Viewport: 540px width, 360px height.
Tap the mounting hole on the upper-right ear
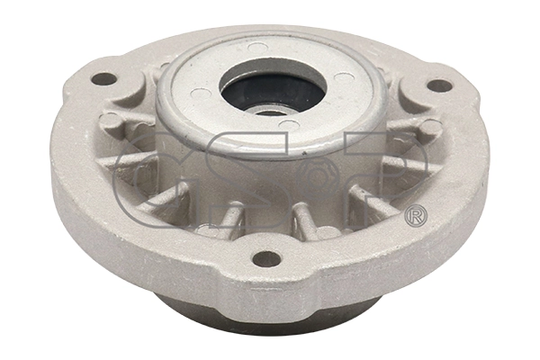[439, 85]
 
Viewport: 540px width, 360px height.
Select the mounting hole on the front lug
[266, 258]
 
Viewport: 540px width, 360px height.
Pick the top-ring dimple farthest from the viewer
[258, 45]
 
